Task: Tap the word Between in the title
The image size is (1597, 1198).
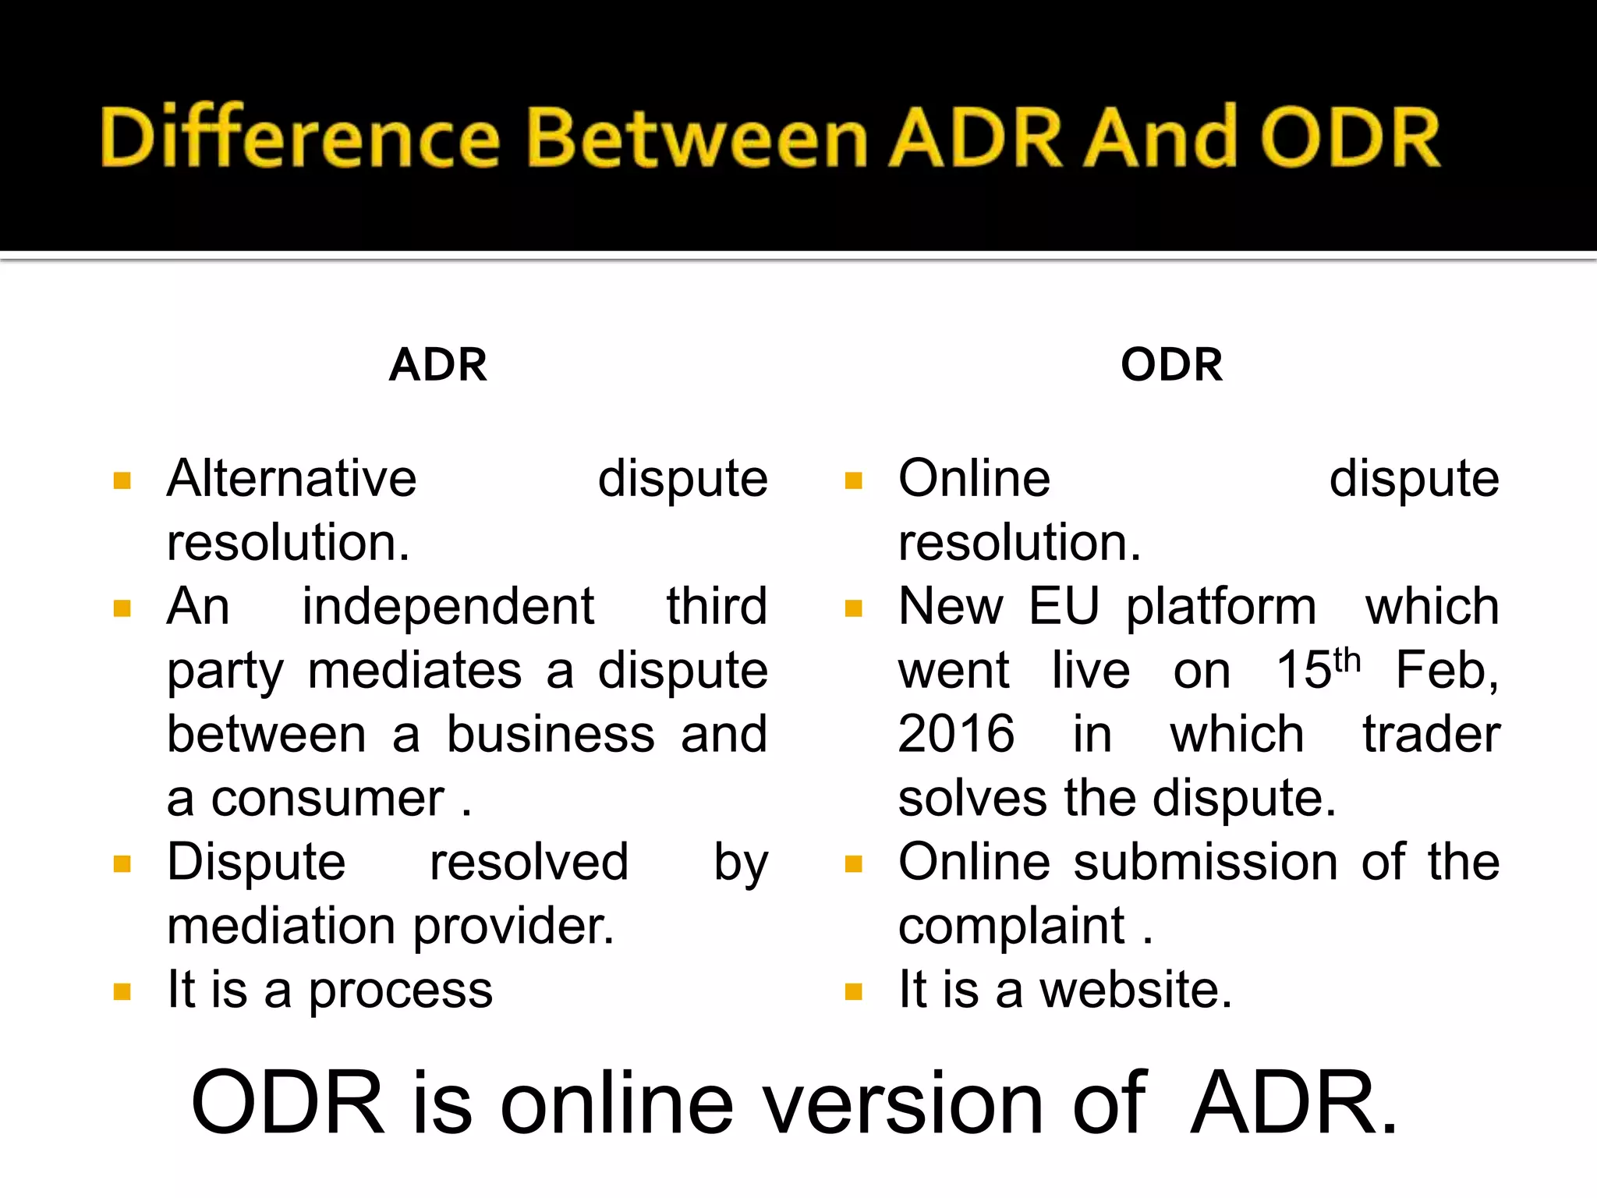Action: pyautogui.click(x=698, y=139)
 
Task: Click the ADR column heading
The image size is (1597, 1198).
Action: pyautogui.click(x=438, y=364)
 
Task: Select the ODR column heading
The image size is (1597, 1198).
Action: pyautogui.click(x=1171, y=364)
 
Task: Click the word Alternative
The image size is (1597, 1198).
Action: pyautogui.click(x=292, y=478)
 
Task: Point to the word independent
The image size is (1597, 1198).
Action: pyautogui.click(x=448, y=608)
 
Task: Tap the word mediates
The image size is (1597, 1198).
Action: pyautogui.click(x=414, y=671)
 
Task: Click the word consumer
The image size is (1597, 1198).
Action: pyautogui.click(x=328, y=799)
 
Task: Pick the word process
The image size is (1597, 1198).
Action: pyautogui.click(x=400, y=991)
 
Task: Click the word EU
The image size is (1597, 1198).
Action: pyautogui.click(x=1064, y=606)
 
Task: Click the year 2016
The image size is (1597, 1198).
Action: pyautogui.click(x=956, y=734)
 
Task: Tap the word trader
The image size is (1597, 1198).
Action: pyautogui.click(x=1431, y=735)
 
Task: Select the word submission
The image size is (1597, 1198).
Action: pyautogui.click(x=1206, y=863)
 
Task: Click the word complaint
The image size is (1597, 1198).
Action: pyautogui.click(x=1011, y=927)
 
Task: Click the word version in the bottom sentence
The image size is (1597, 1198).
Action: pyautogui.click(x=902, y=1103)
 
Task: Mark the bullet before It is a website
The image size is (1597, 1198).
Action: pyautogui.click(x=853, y=992)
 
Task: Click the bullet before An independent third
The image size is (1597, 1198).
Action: pyautogui.click(x=122, y=608)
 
